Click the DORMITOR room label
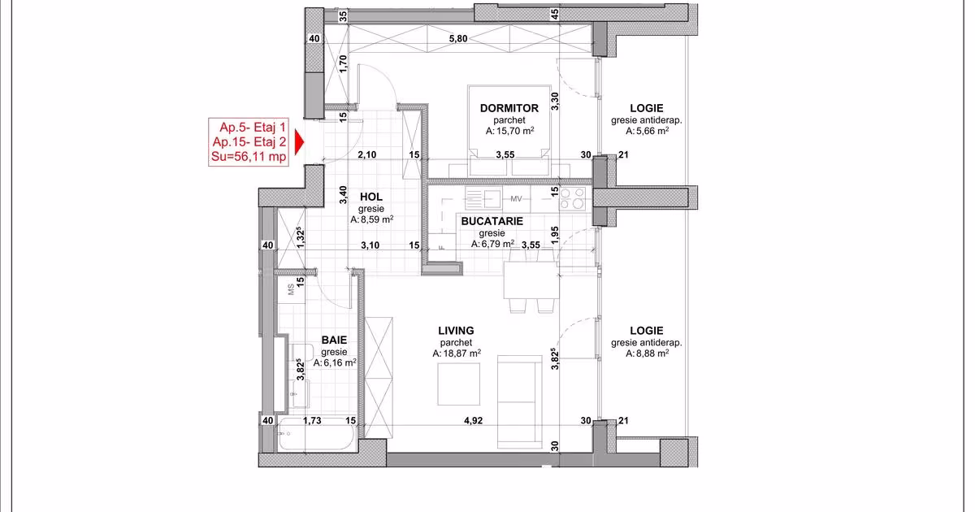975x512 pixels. coord(509,108)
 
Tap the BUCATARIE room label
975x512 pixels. coord(492,221)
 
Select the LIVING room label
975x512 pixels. coord(456,331)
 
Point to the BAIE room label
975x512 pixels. coord(334,340)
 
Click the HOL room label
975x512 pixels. coord(370,197)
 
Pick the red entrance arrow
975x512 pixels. coord(299,142)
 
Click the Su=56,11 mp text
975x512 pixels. coord(249,156)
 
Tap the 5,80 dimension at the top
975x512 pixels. coord(458,39)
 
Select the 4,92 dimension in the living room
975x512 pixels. coord(473,421)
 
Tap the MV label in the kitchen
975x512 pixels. coord(516,199)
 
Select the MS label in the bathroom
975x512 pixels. coord(291,289)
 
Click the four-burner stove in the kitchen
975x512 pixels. coord(572,198)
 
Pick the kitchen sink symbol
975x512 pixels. coord(483,198)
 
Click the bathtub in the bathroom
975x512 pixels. coord(316,434)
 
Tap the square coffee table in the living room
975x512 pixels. coord(459,384)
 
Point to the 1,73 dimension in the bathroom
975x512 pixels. coord(312,421)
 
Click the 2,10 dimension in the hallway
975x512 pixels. coord(367,154)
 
